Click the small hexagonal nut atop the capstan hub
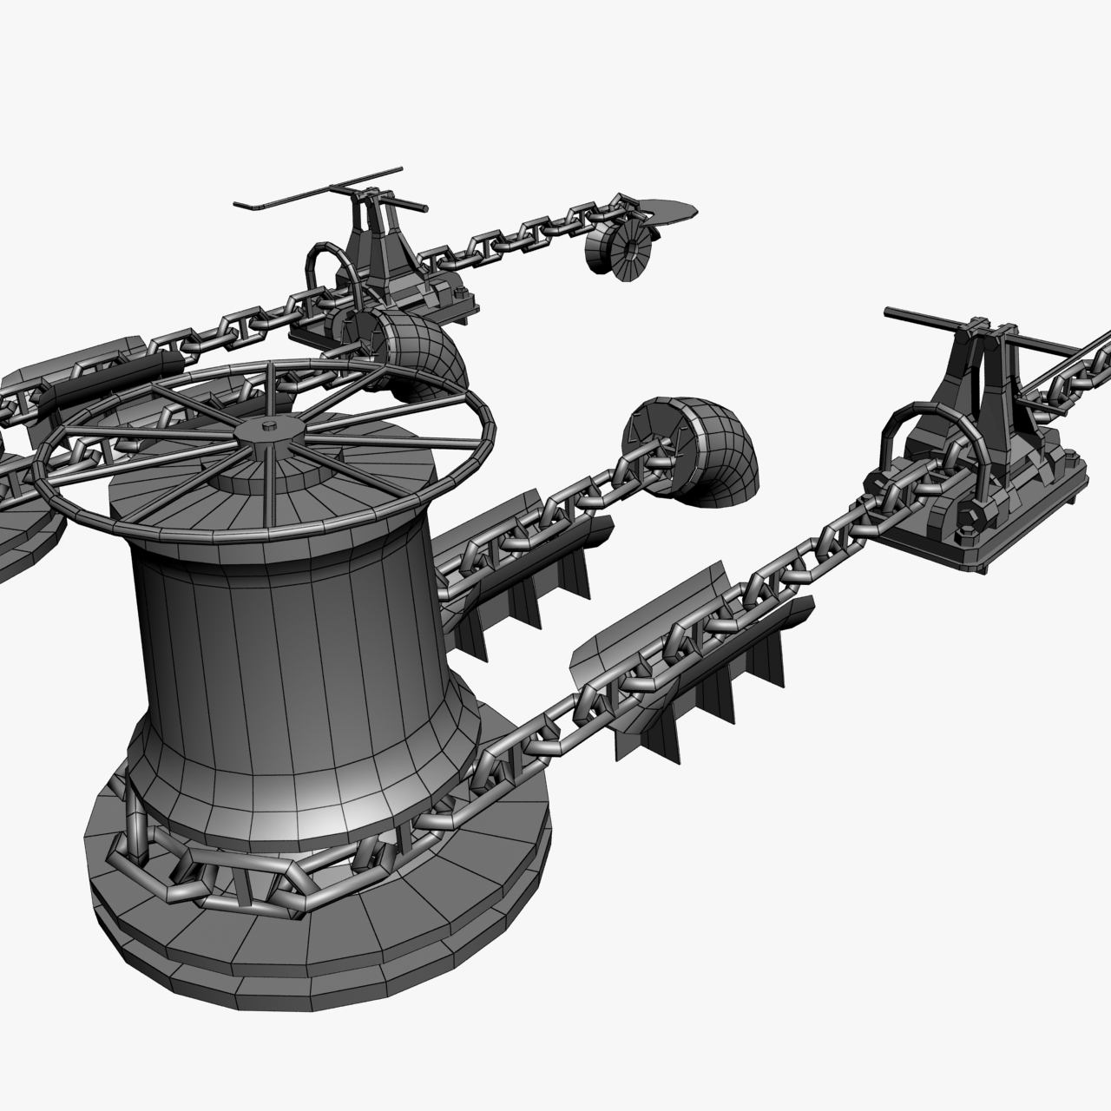[x=268, y=426]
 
